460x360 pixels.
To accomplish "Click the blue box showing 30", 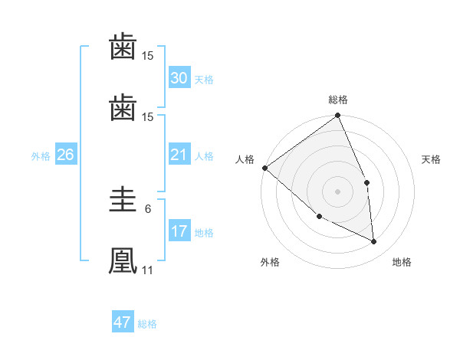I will point(179,78).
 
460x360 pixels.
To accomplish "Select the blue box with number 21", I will point(179,155).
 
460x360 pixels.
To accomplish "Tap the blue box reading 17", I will point(179,232).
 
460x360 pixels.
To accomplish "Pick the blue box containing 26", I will point(65,155).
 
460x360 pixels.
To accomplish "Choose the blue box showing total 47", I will point(123,322).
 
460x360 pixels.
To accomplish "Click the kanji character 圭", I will point(123,200).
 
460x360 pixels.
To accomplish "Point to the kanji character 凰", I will point(123,259).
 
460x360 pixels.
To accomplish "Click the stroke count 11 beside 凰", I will point(147,270).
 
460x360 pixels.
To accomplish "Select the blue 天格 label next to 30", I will point(204,80).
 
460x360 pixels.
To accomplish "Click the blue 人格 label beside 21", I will point(204,156).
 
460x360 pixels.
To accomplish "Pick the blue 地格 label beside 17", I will point(204,233).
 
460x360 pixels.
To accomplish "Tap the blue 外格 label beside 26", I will point(41,156).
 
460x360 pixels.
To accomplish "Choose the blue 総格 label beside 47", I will point(147,324).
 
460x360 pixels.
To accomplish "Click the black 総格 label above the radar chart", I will point(337,100).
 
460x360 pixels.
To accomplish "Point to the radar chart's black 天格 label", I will point(432,159).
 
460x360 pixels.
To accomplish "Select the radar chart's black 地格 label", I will point(402,262).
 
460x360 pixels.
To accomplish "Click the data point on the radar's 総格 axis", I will point(337,116).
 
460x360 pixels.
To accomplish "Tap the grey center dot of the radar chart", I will point(337,191).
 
